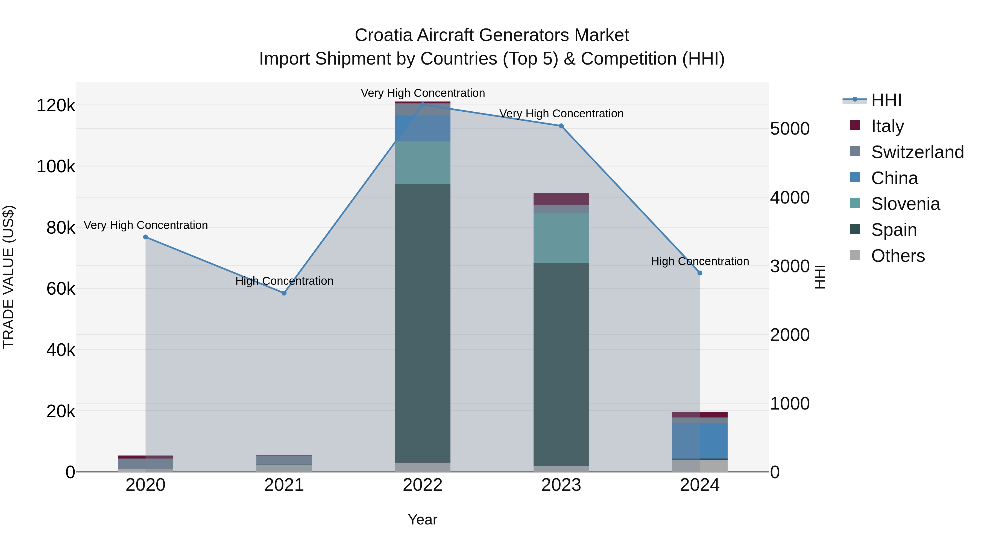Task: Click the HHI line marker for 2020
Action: point(145,237)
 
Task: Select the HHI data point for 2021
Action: point(284,293)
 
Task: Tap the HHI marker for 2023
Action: point(561,126)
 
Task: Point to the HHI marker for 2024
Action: point(700,273)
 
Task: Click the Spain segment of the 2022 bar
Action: point(423,323)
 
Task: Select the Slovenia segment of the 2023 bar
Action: point(561,238)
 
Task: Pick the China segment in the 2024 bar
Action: point(700,440)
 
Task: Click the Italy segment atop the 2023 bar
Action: point(561,199)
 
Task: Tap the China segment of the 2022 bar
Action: point(423,129)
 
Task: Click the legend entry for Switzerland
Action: point(917,152)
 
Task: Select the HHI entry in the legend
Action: point(886,100)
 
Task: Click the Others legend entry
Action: point(897,256)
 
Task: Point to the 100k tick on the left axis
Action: point(56,167)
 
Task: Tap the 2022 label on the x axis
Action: point(423,485)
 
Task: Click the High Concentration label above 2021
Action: point(284,281)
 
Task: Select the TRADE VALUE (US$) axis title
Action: point(8,277)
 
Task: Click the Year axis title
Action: point(423,520)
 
